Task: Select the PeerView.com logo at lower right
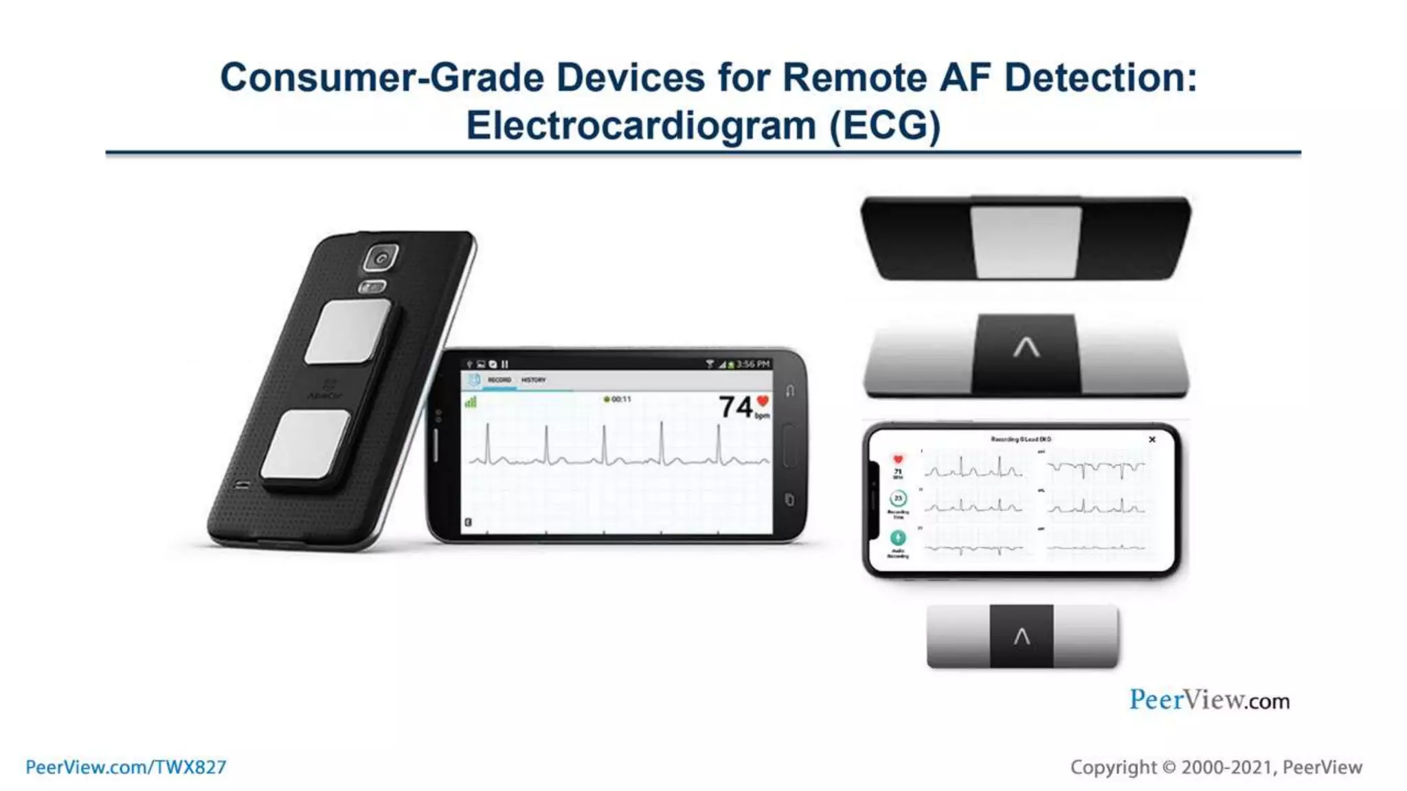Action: click(1209, 700)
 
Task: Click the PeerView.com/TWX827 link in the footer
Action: click(126, 767)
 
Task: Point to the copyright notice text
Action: click(1215, 767)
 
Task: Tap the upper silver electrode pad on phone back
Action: click(348, 332)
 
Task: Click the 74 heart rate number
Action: click(736, 406)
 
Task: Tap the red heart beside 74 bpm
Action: click(763, 401)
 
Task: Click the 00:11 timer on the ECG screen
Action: click(620, 399)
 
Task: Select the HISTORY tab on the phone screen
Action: click(533, 380)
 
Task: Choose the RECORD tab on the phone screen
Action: click(499, 380)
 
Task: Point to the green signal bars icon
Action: click(471, 402)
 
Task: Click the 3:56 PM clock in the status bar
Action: click(753, 364)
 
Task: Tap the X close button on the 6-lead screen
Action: click(1152, 439)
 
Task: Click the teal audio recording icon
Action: click(898, 537)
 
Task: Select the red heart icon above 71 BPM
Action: click(898, 459)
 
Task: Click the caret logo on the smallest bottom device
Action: click(1022, 637)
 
